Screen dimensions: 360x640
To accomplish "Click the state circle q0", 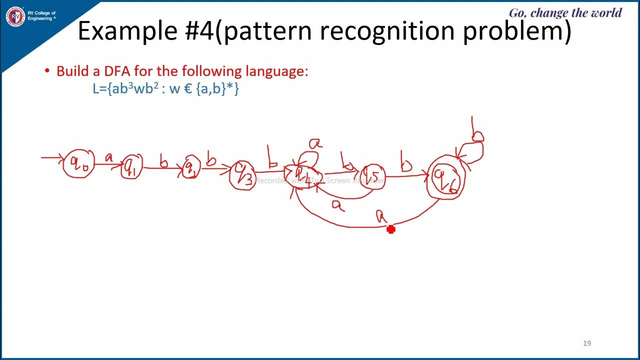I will tap(79, 163).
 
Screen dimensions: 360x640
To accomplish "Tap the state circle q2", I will tap(191, 167).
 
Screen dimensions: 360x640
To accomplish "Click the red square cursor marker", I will tap(391, 229).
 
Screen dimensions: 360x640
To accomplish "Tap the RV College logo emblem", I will tap(15, 16).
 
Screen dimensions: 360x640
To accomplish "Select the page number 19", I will tap(587, 343).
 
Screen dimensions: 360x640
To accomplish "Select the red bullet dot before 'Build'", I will tap(47, 71).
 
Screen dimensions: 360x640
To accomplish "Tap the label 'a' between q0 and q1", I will tap(108, 158).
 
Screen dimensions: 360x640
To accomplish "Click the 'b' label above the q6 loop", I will tap(477, 133).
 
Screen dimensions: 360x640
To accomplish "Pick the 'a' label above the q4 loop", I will tap(315, 144).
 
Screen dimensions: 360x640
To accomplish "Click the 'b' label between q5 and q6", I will tap(406, 164).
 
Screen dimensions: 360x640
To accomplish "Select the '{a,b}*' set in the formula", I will tap(217, 89).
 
